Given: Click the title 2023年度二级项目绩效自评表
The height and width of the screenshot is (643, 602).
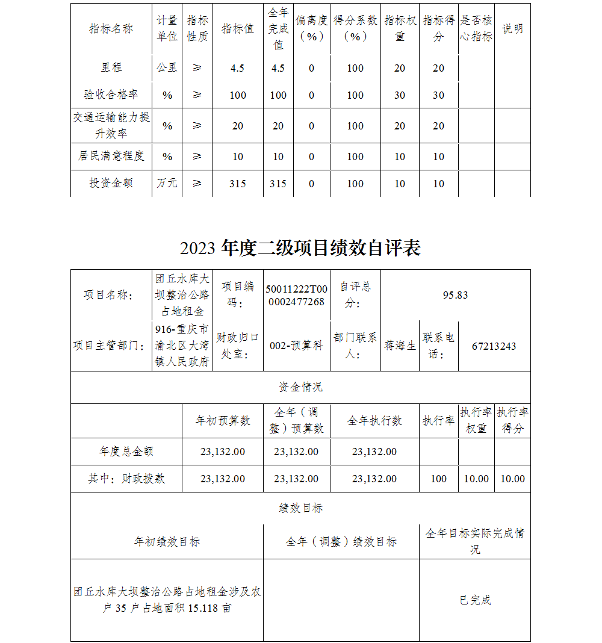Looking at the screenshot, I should point(300,248).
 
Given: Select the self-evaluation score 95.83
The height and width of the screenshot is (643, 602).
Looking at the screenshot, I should point(455,295).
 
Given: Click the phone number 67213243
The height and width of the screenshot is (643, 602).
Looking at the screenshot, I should point(494,346).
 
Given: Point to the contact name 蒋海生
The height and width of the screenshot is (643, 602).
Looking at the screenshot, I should point(400,346).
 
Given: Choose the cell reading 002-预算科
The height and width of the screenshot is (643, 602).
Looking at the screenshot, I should point(296,346).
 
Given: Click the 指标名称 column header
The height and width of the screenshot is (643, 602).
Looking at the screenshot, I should point(111,29).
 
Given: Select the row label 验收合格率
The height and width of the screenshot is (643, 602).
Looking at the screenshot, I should point(111,95).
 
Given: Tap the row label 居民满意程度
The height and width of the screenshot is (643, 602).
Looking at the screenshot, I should point(111,156).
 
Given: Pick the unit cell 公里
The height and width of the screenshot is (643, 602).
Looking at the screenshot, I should point(167,67).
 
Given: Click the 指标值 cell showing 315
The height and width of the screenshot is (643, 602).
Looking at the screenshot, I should point(238,184).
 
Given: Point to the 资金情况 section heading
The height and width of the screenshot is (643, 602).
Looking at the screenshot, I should point(300,387).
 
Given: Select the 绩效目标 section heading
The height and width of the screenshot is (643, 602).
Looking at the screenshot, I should point(300,508).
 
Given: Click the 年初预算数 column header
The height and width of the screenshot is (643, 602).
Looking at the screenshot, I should point(223,420).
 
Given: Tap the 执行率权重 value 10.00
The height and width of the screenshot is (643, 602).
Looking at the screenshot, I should point(476,479).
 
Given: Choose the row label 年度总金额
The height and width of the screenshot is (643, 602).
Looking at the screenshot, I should point(126,451).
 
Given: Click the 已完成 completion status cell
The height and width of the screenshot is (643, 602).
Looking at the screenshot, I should point(475,600).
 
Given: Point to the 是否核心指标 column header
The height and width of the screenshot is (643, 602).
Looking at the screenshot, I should point(476,29).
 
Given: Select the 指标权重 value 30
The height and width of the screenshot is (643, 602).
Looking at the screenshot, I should point(400,95).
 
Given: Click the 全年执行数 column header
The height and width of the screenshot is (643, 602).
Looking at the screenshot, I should point(374,420).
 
